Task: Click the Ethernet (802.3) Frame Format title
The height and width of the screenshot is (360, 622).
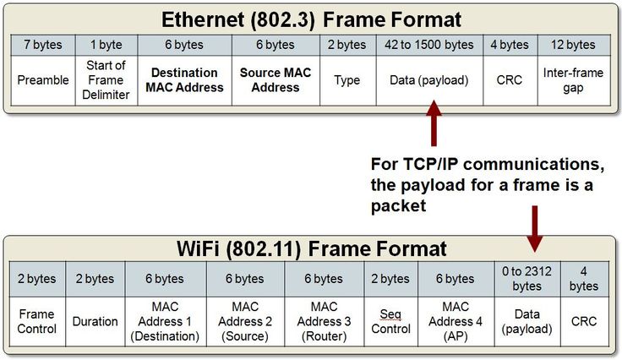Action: click(x=311, y=19)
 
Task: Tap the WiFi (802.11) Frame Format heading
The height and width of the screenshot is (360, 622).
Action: click(x=311, y=249)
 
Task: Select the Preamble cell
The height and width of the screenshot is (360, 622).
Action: click(x=43, y=80)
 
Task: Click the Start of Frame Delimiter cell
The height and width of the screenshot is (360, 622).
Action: click(x=106, y=80)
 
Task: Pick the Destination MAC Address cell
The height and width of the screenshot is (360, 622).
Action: click(x=184, y=80)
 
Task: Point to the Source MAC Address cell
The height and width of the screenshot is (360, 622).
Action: click(x=276, y=80)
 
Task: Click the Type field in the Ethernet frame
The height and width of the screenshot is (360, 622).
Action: click(x=347, y=80)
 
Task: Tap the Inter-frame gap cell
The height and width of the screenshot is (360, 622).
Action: click(x=573, y=80)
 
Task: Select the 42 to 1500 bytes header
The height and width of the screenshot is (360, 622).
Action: click(x=428, y=45)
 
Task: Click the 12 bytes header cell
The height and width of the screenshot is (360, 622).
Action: click(x=573, y=45)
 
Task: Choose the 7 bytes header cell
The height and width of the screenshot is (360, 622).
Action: click(x=43, y=45)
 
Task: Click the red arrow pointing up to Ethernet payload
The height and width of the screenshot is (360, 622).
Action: click(x=434, y=123)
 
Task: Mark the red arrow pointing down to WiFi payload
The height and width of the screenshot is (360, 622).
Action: click(x=535, y=229)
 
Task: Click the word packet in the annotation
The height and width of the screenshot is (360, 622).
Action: click(x=398, y=206)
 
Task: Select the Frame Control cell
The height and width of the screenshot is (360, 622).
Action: click(x=37, y=321)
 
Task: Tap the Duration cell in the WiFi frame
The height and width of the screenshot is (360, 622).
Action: click(x=95, y=321)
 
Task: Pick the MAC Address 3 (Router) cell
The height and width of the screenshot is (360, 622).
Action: click(x=324, y=321)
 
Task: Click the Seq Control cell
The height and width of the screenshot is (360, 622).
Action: click(x=390, y=321)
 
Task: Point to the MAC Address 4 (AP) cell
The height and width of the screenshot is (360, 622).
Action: click(x=456, y=321)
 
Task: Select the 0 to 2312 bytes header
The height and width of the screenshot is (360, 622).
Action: click(x=527, y=279)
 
